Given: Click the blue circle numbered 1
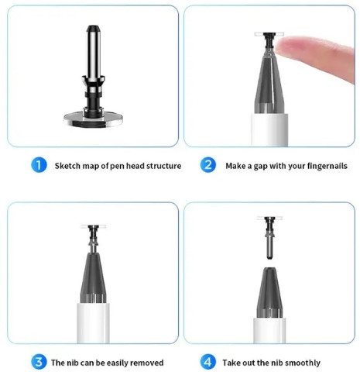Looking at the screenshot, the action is [x=39, y=165].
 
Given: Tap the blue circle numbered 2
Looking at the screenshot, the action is [x=207, y=165].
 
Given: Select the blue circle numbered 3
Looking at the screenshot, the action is [x=39, y=362].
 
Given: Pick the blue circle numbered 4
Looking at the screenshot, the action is [x=207, y=362].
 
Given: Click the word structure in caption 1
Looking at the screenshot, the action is [x=163, y=166].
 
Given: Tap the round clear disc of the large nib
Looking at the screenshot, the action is [x=93, y=119].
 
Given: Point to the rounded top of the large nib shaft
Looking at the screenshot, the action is [x=93, y=28].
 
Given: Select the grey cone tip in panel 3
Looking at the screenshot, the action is [x=93, y=277].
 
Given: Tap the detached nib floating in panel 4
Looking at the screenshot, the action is [x=269, y=237].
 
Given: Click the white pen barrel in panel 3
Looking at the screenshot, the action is [x=93, y=323].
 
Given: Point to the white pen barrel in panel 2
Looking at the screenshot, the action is [x=269, y=129].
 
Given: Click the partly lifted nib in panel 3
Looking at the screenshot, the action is [x=93, y=238].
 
